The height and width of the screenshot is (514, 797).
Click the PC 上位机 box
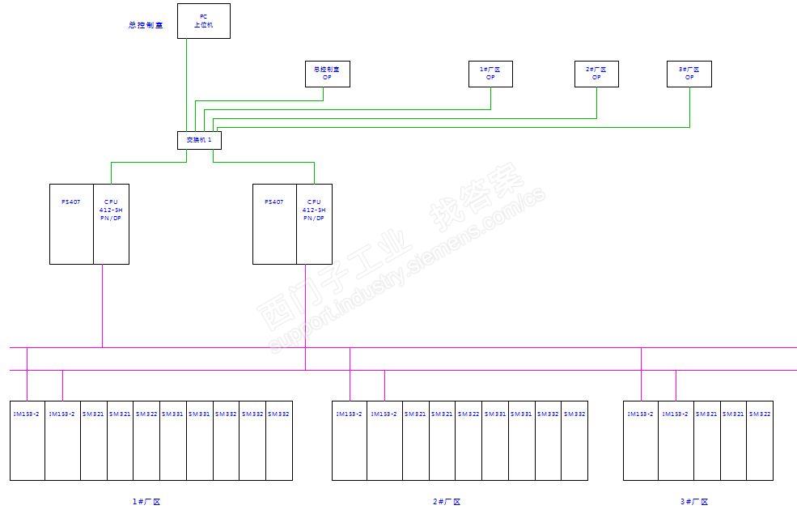203,21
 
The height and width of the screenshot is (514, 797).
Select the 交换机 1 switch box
199,140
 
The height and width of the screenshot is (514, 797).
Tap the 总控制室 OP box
327,74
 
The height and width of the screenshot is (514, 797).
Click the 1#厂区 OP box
490,74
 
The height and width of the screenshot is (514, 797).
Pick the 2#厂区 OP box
596,74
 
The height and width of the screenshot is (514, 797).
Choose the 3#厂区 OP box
689,74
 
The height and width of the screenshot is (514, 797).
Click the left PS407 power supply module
71,224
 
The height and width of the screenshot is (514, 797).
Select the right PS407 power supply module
274,224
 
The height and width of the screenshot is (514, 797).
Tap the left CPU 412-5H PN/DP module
111,224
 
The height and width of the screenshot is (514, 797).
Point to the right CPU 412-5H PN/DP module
314,224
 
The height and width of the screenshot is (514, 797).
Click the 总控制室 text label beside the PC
146,25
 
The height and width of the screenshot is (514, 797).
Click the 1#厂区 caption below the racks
146,502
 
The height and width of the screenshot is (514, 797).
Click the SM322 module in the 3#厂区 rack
760,440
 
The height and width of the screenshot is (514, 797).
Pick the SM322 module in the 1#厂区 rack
147,440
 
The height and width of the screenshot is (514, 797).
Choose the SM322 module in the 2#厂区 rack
468,440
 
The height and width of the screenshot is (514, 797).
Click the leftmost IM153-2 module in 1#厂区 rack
28,440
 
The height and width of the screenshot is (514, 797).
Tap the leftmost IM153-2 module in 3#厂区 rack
641,440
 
